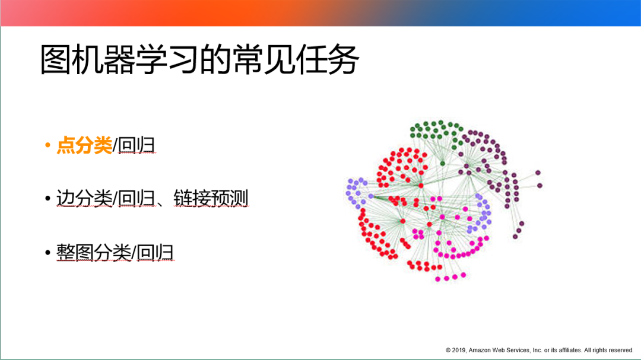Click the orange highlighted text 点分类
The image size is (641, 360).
click(x=84, y=145)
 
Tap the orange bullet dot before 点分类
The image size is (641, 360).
click(x=48, y=145)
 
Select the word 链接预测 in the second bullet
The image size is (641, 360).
click(x=211, y=198)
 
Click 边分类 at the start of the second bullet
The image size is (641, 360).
click(x=84, y=198)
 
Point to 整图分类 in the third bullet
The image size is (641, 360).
click(x=94, y=252)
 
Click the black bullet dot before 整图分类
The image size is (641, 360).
click(x=48, y=252)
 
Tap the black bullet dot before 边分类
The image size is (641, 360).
click(x=48, y=198)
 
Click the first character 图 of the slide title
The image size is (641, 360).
click(x=56, y=60)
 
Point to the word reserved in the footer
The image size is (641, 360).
click(x=621, y=350)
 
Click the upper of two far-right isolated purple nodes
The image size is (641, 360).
click(x=538, y=173)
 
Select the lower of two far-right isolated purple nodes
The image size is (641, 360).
click(x=540, y=186)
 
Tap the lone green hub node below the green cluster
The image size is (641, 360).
click(x=442, y=164)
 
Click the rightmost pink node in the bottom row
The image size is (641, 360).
click(x=463, y=275)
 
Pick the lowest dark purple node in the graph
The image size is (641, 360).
click(x=515, y=237)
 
